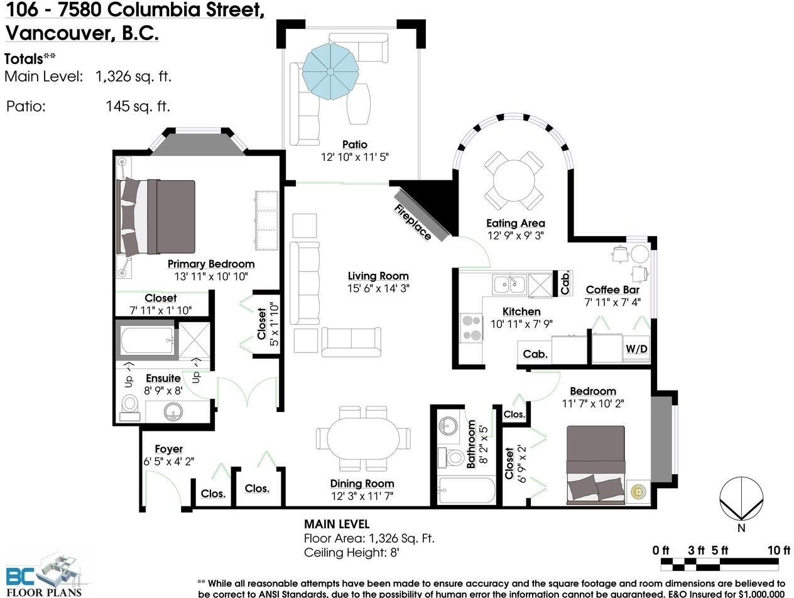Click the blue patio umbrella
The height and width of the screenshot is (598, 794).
tap(330, 72)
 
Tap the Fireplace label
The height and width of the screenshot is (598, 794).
tap(413, 222)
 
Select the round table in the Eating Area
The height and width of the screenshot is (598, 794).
tap(514, 180)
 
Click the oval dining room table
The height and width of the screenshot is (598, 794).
tap(363, 438)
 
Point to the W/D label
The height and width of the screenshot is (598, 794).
tap(636, 349)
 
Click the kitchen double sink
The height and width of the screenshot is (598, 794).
tap(509, 285)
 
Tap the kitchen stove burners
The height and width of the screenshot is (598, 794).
tap(471, 328)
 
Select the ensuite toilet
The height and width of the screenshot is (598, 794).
tap(129, 408)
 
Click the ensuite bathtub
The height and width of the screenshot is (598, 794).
tap(147, 340)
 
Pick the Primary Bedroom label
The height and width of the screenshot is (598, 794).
tap(211, 264)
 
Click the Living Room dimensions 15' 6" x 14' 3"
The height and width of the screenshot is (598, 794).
tap(378, 288)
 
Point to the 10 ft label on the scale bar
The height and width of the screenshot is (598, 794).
tap(779, 550)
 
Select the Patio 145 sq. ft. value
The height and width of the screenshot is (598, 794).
tap(138, 106)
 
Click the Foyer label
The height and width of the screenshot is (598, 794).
tap(168, 448)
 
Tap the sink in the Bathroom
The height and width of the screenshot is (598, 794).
tap(448, 425)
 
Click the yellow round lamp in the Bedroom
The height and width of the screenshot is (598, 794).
tap(638, 491)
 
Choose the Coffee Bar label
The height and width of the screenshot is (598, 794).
tap(612, 290)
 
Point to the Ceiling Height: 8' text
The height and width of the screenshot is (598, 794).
tap(351, 552)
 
